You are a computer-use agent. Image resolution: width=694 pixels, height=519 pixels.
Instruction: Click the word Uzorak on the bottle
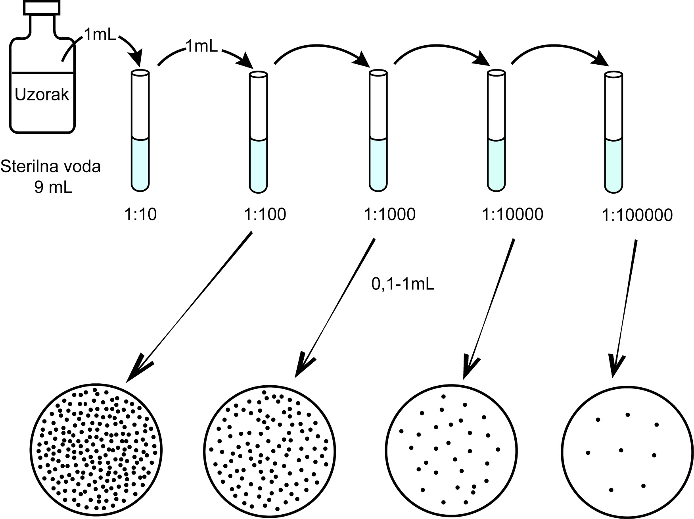click(x=42, y=94)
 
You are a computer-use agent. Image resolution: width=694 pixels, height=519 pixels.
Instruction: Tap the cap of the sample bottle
click(x=42, y=8)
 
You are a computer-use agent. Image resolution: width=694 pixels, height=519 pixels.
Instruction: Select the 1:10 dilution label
click(x=141, y=215)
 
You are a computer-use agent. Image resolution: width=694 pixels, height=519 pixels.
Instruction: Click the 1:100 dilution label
click(x=265, y=215)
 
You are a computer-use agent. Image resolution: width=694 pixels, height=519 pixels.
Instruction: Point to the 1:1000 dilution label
click(x=389, y=215)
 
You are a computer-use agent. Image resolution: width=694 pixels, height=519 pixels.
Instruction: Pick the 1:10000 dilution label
click(x=512, y=215)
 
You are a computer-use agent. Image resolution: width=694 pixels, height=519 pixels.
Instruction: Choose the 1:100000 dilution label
click(x=637, y=215)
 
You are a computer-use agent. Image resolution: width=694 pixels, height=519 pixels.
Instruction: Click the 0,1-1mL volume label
click(x=403, y=284)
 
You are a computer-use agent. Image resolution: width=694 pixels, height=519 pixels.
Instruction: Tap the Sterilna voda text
click(x=50, y=167)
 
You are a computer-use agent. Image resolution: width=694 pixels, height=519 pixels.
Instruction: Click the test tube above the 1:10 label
click(x=140, y=131)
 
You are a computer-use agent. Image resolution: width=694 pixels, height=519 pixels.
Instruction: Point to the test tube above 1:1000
click(x=378, y=131)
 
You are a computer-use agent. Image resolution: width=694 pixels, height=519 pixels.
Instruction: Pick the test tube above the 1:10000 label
click(x=496, y=131)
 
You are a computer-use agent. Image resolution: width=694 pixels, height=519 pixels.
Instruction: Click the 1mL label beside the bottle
click(x=100, y=36)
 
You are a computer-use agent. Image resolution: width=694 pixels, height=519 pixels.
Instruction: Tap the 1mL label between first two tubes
click(x=201, y=47)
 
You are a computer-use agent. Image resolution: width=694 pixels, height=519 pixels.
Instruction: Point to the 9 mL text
click(x=53, y=186)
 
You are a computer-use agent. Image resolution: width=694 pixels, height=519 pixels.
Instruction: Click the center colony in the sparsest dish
click(x=621, y=450)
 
